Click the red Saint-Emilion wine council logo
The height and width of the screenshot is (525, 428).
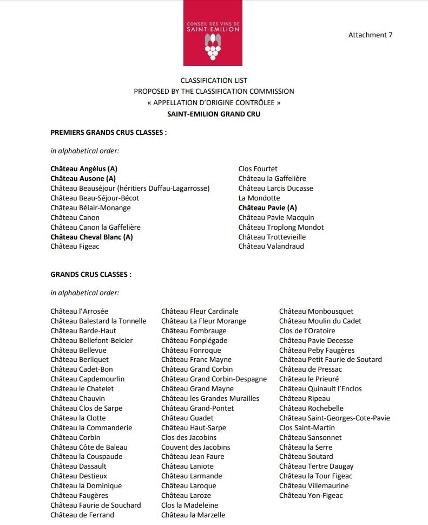pos(213,33)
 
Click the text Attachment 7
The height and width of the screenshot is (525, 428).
pos(370,35)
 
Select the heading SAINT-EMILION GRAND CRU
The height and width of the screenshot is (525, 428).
pos(214,114)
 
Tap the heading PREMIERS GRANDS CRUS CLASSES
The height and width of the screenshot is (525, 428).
pos(108,132)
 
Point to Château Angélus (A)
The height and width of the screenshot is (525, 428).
pos(84,169)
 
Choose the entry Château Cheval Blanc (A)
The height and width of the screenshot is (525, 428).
pos(91,237)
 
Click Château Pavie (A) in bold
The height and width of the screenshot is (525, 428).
pos(267,208)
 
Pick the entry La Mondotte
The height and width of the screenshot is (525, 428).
pos(259,198)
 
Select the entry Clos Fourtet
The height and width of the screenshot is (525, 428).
pos(258,169)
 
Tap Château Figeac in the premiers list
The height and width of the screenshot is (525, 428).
pos(75,247)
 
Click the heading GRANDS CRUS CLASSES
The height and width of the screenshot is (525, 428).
pos(91,275)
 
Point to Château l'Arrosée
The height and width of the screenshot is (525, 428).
pos(79,312)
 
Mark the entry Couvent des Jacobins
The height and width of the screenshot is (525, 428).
pos(195,447)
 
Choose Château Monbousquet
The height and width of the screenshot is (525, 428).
pos(316,312)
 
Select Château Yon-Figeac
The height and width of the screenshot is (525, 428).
pos(311,495)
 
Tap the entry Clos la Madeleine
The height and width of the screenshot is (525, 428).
pos(189,505)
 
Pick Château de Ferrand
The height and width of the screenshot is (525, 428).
pos(82,515)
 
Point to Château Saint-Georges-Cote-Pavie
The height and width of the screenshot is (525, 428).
pos(334,418)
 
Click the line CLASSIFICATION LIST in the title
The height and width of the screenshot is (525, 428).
pos(214,81)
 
